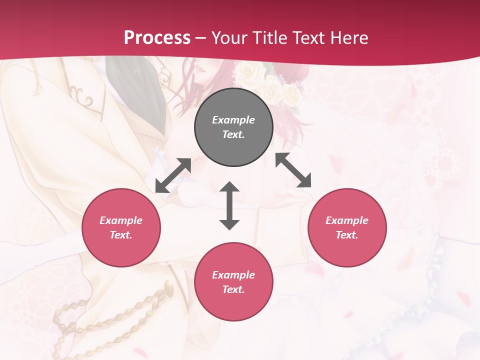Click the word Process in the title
157,37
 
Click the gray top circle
233,127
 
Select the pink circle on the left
121,227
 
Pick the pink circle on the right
346,227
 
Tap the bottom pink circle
233,282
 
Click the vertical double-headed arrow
229,205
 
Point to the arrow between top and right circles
293,170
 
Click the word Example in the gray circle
233,120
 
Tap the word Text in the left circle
121,235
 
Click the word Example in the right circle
346,220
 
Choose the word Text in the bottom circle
233,289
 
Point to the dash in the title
200,38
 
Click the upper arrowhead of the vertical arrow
229,187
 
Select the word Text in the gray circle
233,134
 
